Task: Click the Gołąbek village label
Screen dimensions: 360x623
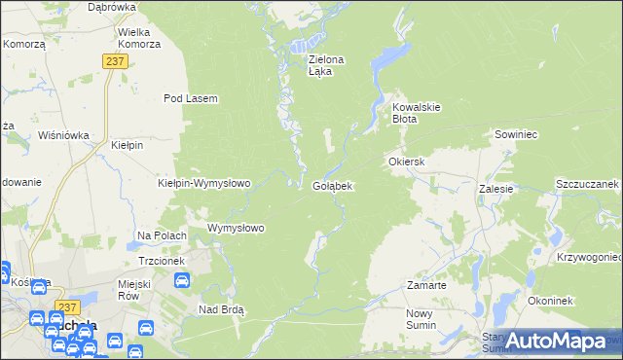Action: [332, 185]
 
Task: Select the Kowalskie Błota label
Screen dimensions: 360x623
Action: [418, 113]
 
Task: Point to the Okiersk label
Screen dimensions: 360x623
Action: [408, 161]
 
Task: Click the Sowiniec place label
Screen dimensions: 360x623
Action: [516, 134]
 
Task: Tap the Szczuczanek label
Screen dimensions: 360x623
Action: [588, 184]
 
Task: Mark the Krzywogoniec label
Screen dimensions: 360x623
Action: [590, 257]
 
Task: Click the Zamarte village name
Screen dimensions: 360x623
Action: [426, 285]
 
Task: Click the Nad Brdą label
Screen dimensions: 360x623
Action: [221, 309]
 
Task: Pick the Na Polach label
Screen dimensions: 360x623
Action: [162, 235]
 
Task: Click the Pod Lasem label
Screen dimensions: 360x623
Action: [190, 98]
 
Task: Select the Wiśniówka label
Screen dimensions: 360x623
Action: [63, 135]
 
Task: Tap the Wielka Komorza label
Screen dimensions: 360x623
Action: [139, 37]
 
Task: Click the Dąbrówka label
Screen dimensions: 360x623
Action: [111, 6]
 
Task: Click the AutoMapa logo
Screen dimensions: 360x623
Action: [559, 341]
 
